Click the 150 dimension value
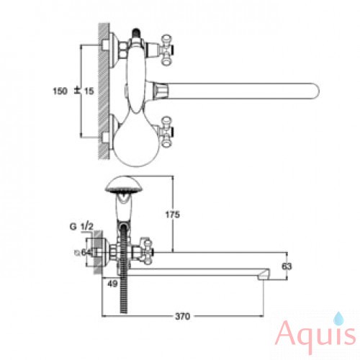(60, 91)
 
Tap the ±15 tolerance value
(84, 91)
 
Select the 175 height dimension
(173, 215)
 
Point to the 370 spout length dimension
(182, 316)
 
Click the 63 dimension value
(286, 266)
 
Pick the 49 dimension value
(112, 284)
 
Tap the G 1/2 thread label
(81, 227)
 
